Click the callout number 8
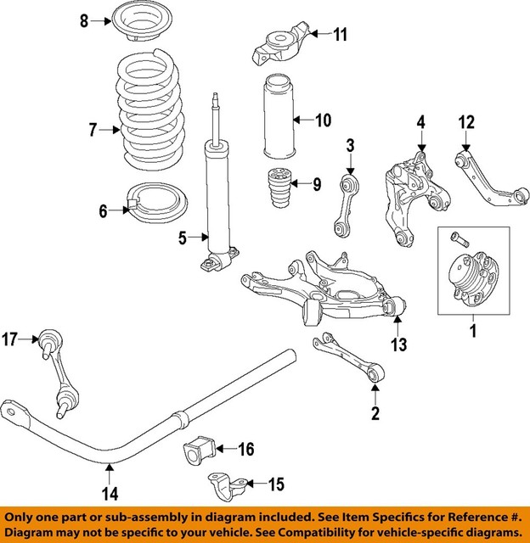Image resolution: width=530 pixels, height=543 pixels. tap(84, 20)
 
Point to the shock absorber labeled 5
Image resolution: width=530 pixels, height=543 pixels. tap(220, 204)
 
